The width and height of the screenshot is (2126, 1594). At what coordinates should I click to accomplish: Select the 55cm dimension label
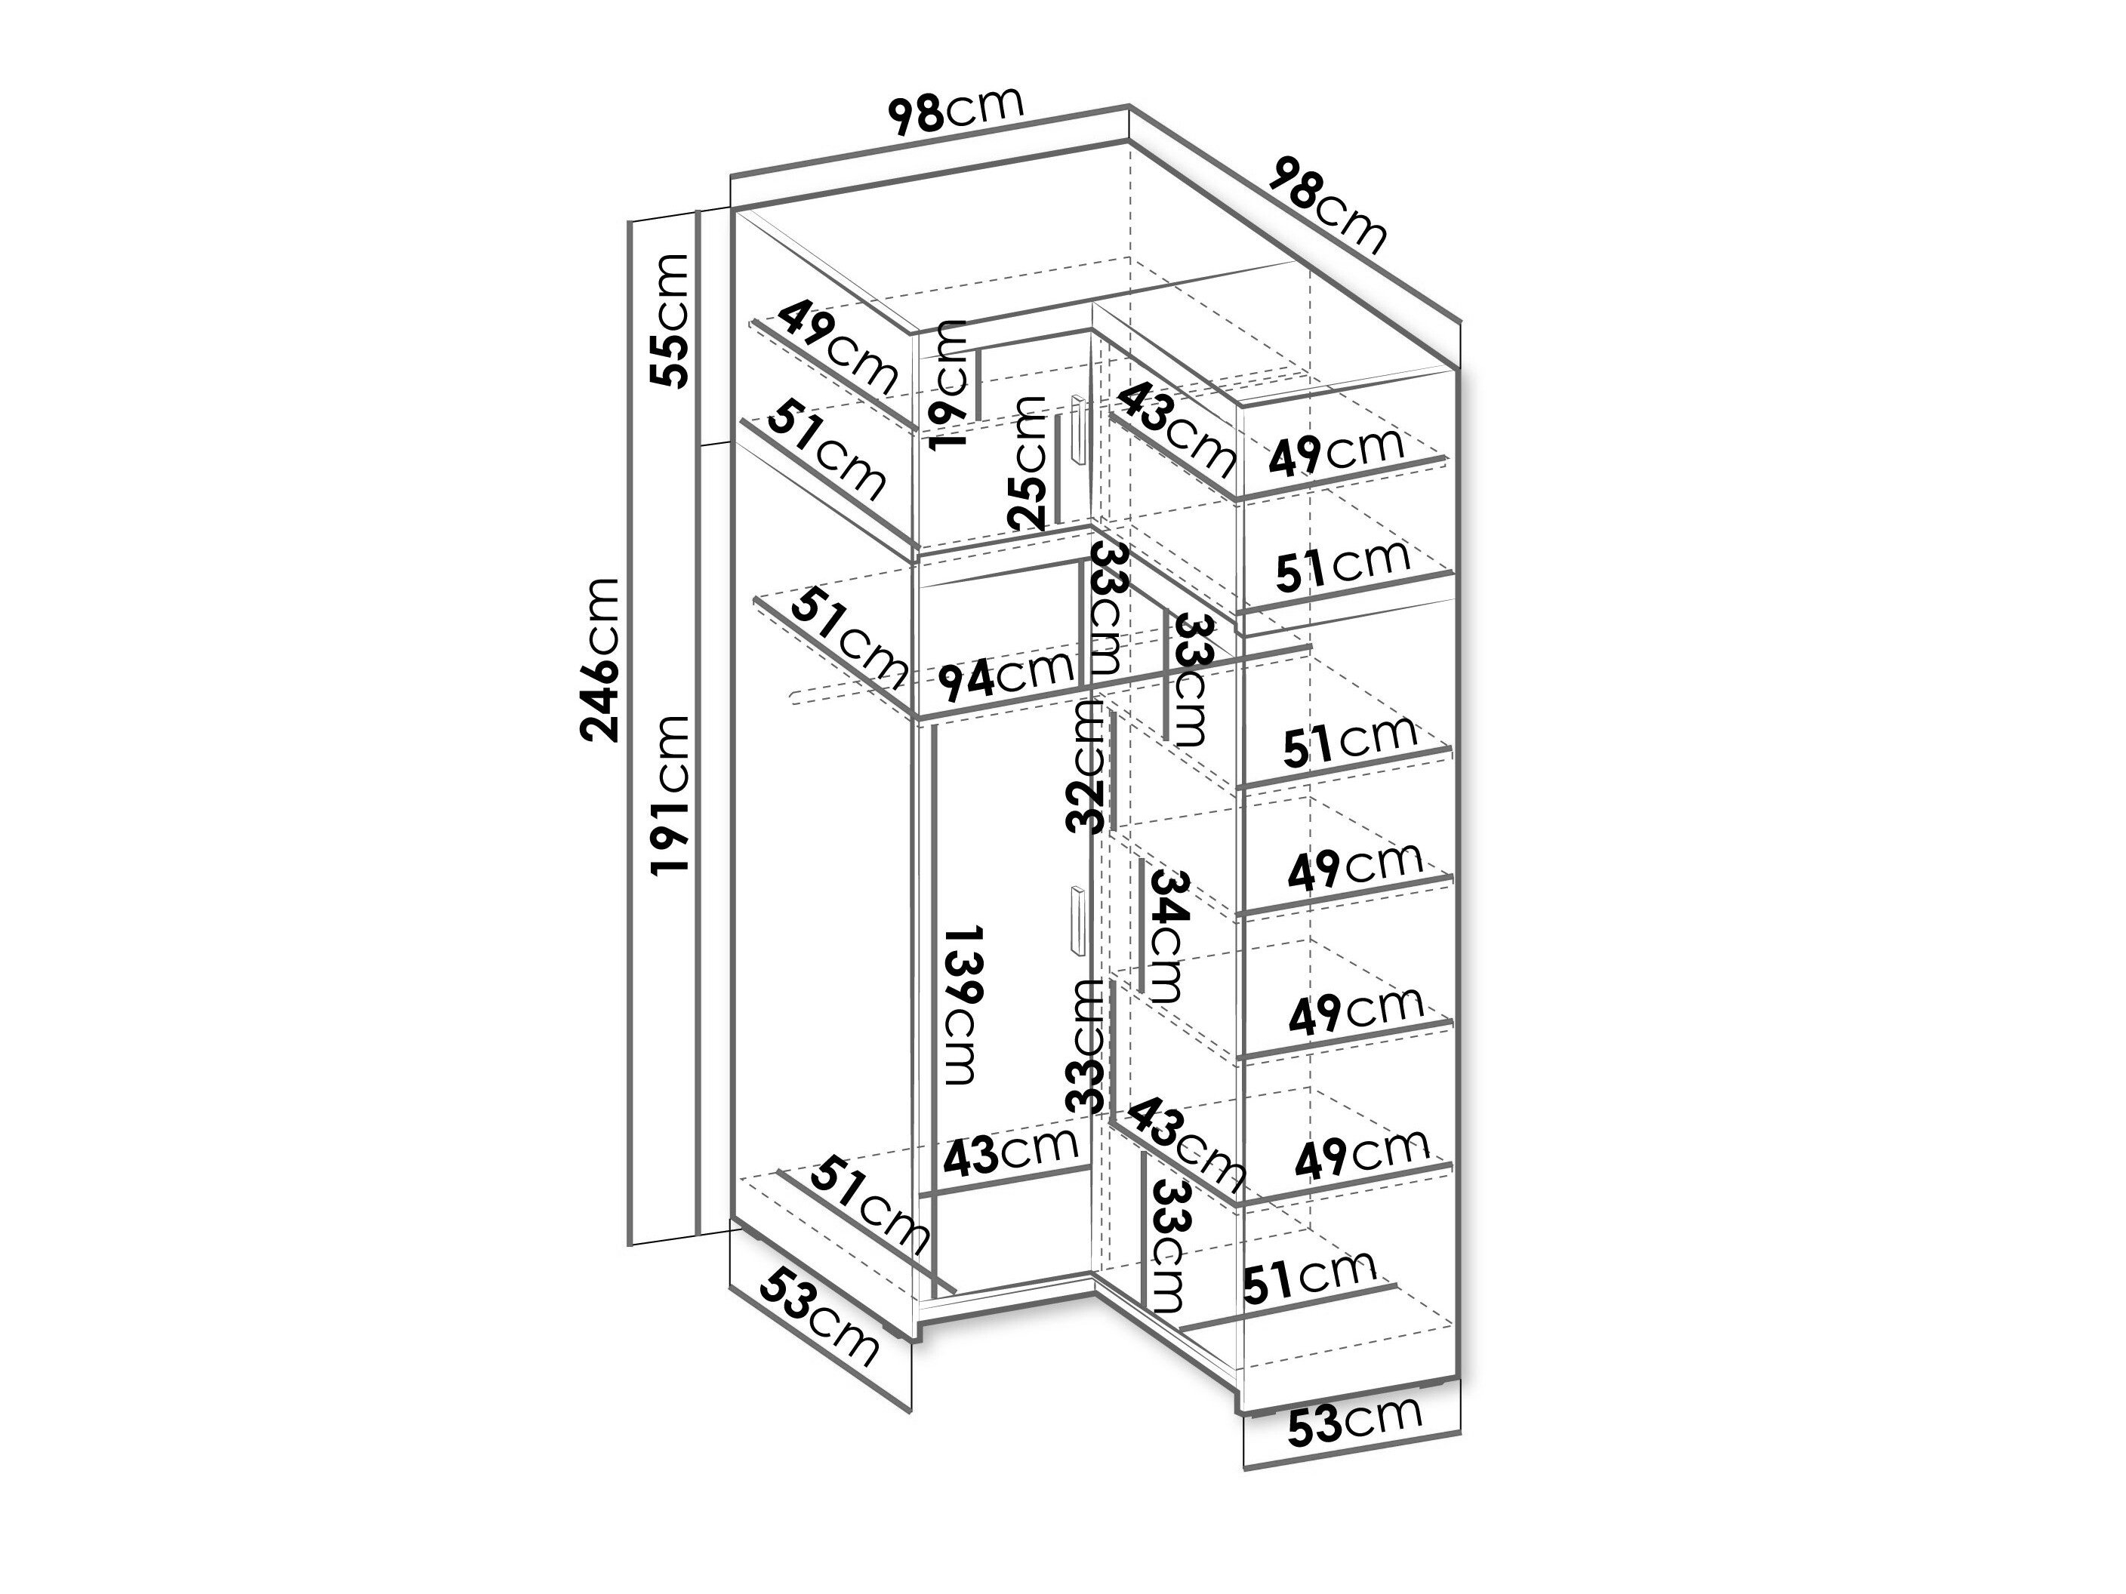[x=669, y=320]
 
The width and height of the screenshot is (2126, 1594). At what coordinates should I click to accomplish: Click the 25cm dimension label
[x=1027, y=462]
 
